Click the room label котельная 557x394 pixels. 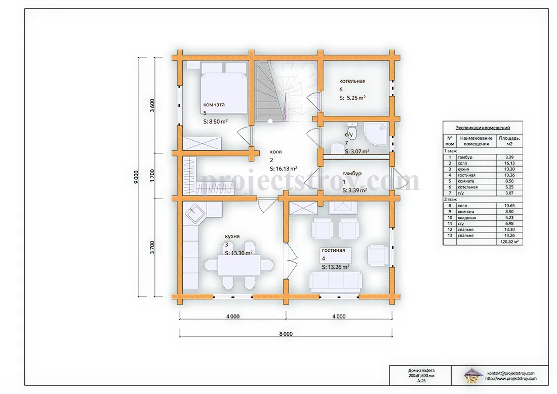[352, 81]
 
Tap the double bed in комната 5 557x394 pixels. [223, 88]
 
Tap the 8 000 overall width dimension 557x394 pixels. [286, 334]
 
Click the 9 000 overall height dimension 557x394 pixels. [136, 177]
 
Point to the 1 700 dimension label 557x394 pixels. [152, 176]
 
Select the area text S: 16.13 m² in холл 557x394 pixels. [284, 169]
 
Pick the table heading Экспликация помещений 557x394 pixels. [483, 128]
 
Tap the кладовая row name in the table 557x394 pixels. [467, 217]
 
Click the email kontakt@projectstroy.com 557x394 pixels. [511, 373]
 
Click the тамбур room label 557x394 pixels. [352, 173]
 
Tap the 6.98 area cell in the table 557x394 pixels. [509, 223]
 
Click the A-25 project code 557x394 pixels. [421, 380]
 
